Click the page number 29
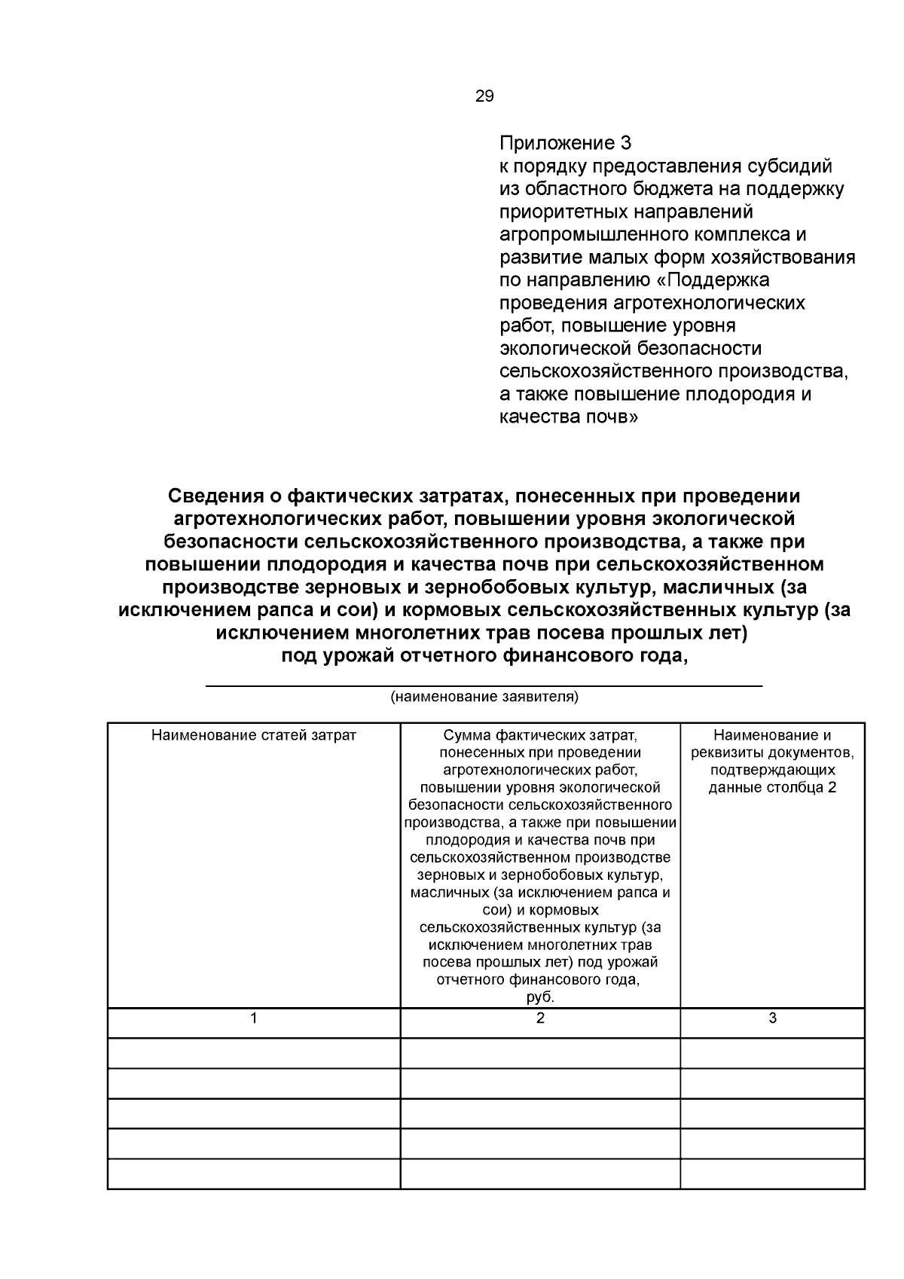coord(484,96)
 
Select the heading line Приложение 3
coord(565,143)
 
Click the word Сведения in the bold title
coord(212,496)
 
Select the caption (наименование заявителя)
coord(484,696)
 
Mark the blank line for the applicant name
coord(484,685)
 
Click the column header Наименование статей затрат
coord(254,735)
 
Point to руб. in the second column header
coord(540,997)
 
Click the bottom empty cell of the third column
coord(772,1174)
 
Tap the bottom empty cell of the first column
coord(254,1174)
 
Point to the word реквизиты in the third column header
coord(725,752)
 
